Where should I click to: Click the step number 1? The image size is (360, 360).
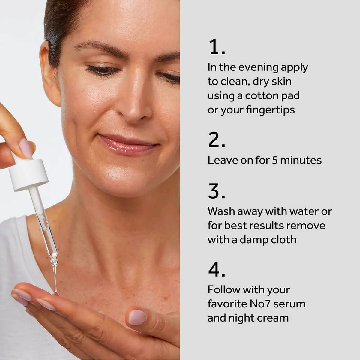point(217,47)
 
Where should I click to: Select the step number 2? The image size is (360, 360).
point(217,139)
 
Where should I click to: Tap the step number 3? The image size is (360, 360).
point(217,191)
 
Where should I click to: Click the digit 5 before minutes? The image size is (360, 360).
point(274,160)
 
